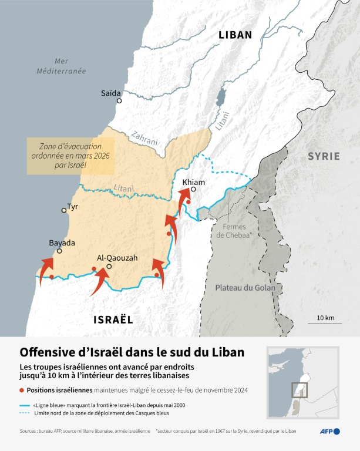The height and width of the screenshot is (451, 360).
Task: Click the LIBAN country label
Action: point(235,35)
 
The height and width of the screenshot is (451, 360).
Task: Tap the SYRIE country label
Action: point(324,156)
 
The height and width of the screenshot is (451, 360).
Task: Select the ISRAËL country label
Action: point(113,319)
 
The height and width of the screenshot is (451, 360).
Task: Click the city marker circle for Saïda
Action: point(119,101)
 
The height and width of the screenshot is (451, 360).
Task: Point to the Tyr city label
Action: point(73,207)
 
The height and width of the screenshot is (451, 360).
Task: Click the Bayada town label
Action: point(62,243)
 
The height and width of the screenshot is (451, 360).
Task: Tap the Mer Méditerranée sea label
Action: point(61,66)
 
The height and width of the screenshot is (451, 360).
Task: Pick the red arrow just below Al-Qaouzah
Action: point(100,281)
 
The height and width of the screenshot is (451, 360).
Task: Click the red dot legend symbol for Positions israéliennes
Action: point(22,390)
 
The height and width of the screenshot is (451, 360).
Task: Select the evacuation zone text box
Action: point(70,156)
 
